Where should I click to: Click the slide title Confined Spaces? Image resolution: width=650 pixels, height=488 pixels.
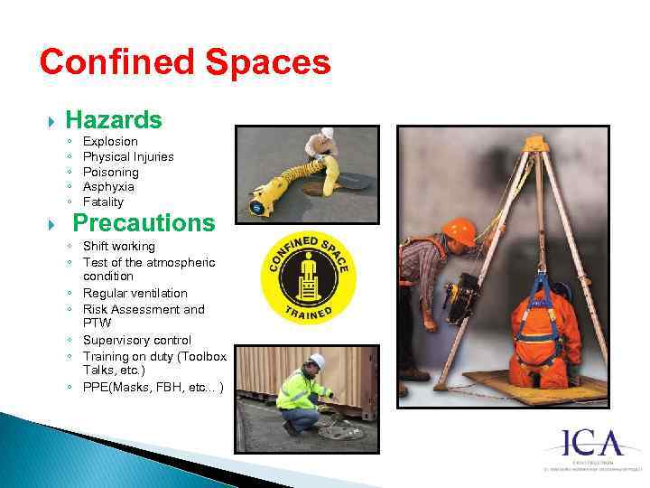click(185, 63)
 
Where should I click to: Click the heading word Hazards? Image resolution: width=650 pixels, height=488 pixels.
click(114, 119)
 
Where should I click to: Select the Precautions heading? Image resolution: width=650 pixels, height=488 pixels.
click(144, 222)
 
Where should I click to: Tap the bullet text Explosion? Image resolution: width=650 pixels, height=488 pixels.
click(110, 142)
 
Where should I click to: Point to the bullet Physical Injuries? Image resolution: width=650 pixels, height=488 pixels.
click(128, 156)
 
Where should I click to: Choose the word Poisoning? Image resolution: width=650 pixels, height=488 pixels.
click(110, 172)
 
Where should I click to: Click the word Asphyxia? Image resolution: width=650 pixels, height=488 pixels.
click(108, 187)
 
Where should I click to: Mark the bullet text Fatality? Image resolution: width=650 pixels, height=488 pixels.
click(103, 202)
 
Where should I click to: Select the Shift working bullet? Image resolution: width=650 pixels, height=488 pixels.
click(119, 247)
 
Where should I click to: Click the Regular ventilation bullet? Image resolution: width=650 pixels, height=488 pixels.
click(135, 294)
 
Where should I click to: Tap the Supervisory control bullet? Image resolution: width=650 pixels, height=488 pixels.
click(137, 341)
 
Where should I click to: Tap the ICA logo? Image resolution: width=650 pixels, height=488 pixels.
click(594, 445)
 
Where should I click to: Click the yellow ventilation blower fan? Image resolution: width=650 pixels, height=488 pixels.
click(264, 195)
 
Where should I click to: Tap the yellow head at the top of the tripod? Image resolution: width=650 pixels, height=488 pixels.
click(536, 144)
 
